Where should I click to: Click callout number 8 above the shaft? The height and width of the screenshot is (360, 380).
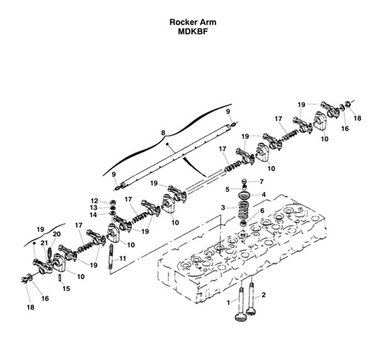[162, 132]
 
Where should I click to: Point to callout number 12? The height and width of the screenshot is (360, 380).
[94, 200]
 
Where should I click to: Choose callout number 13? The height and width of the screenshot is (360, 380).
[94, 207]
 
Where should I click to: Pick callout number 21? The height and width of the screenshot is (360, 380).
[44, 243]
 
